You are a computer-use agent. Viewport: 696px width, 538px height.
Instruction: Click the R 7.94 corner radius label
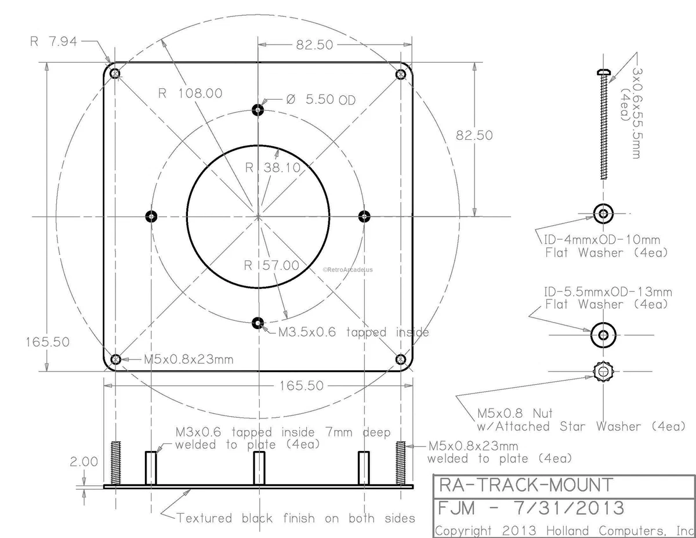(55, 42)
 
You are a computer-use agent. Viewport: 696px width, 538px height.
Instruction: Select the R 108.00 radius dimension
(191, 93)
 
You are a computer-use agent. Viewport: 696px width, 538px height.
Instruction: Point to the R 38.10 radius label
(272, 168)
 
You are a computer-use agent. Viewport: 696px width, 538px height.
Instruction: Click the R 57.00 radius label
(271, 266)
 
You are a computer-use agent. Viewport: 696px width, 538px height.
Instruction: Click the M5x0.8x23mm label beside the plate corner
(188, 359)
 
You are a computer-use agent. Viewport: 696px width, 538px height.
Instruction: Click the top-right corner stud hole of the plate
(401, 74)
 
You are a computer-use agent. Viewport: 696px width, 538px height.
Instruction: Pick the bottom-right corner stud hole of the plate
(401, 359)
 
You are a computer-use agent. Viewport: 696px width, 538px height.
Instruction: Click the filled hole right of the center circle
(364, 216)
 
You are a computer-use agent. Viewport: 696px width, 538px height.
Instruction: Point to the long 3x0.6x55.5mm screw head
(604, 71)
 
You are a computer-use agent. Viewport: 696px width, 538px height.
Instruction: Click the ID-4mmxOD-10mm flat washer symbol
(604, 214)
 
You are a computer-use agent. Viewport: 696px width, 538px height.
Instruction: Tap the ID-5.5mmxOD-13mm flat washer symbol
(603, 334)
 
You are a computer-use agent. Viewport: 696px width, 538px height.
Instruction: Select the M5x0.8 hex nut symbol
(603, 370)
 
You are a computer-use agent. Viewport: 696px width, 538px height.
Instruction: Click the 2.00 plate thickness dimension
(84, 461)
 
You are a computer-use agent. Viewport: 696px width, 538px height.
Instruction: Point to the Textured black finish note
(296, 518)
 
